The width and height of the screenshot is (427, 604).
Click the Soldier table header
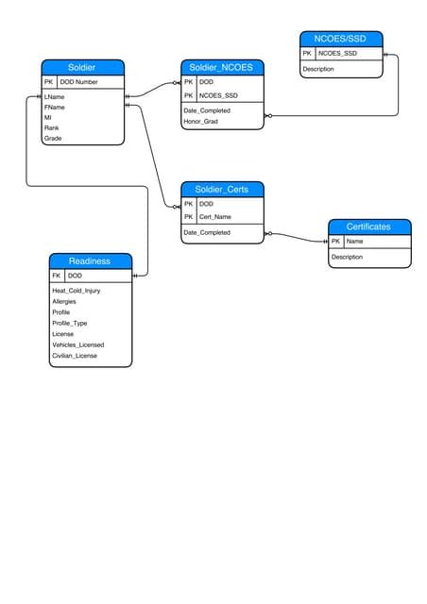point(82,67)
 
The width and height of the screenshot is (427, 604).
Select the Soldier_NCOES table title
point(221,67)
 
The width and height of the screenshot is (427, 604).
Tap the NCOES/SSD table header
point(341,39)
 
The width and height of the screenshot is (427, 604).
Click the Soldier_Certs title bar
point(221,190)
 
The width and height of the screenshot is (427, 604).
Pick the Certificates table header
point(368,226)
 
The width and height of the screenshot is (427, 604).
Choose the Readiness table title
point(90,260)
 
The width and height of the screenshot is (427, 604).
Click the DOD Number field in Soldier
point(79,82)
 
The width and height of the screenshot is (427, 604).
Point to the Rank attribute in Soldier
point(52,127)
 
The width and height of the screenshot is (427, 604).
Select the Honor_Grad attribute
point(201,122)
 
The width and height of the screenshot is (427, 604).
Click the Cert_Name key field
point(215,217)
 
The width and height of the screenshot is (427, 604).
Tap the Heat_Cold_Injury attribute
point(77,291)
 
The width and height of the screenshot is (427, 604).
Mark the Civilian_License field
point(75,356)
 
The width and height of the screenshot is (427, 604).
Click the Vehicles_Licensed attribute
point(78,344)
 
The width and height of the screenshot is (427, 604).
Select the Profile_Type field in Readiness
point(70,323)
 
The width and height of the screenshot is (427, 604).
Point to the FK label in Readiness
point(56,276)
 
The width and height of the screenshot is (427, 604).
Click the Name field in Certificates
point(355,242)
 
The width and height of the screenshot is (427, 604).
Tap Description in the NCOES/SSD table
point(318,69)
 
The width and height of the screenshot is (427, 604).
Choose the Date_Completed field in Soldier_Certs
point(207,232)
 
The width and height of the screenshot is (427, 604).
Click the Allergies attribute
point(64,301)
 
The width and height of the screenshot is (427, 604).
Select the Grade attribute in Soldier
point(53,138)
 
